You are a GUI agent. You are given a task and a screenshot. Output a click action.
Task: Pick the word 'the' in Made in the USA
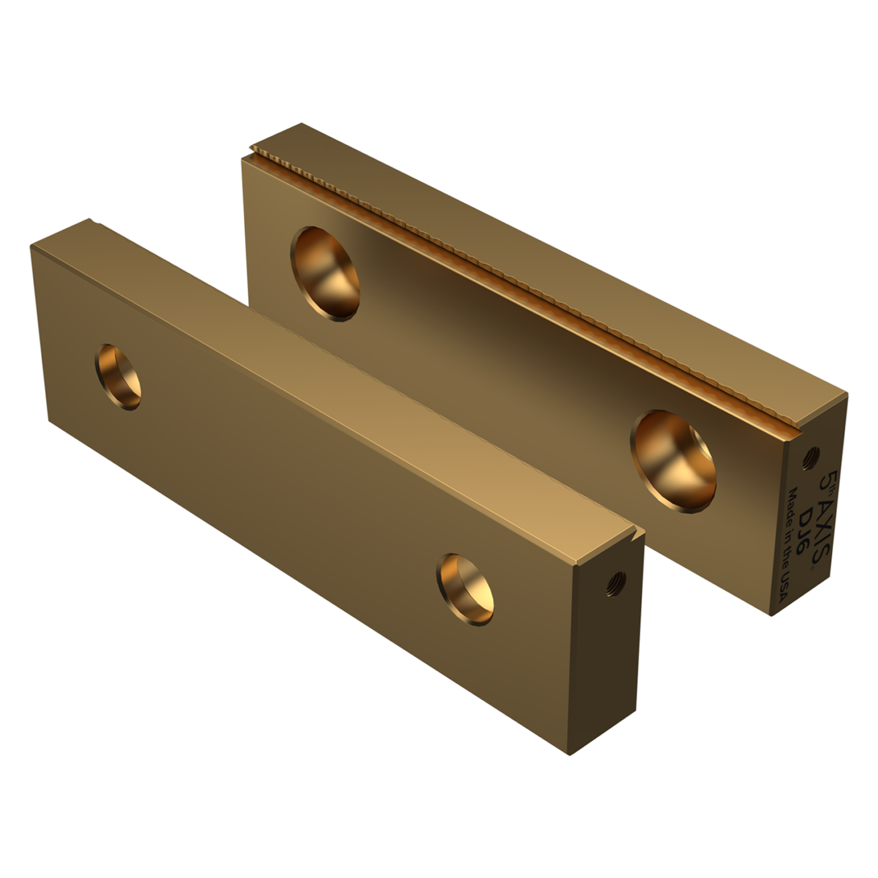coord(786,557)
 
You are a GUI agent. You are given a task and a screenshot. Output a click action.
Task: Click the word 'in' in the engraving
coord(789,534)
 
